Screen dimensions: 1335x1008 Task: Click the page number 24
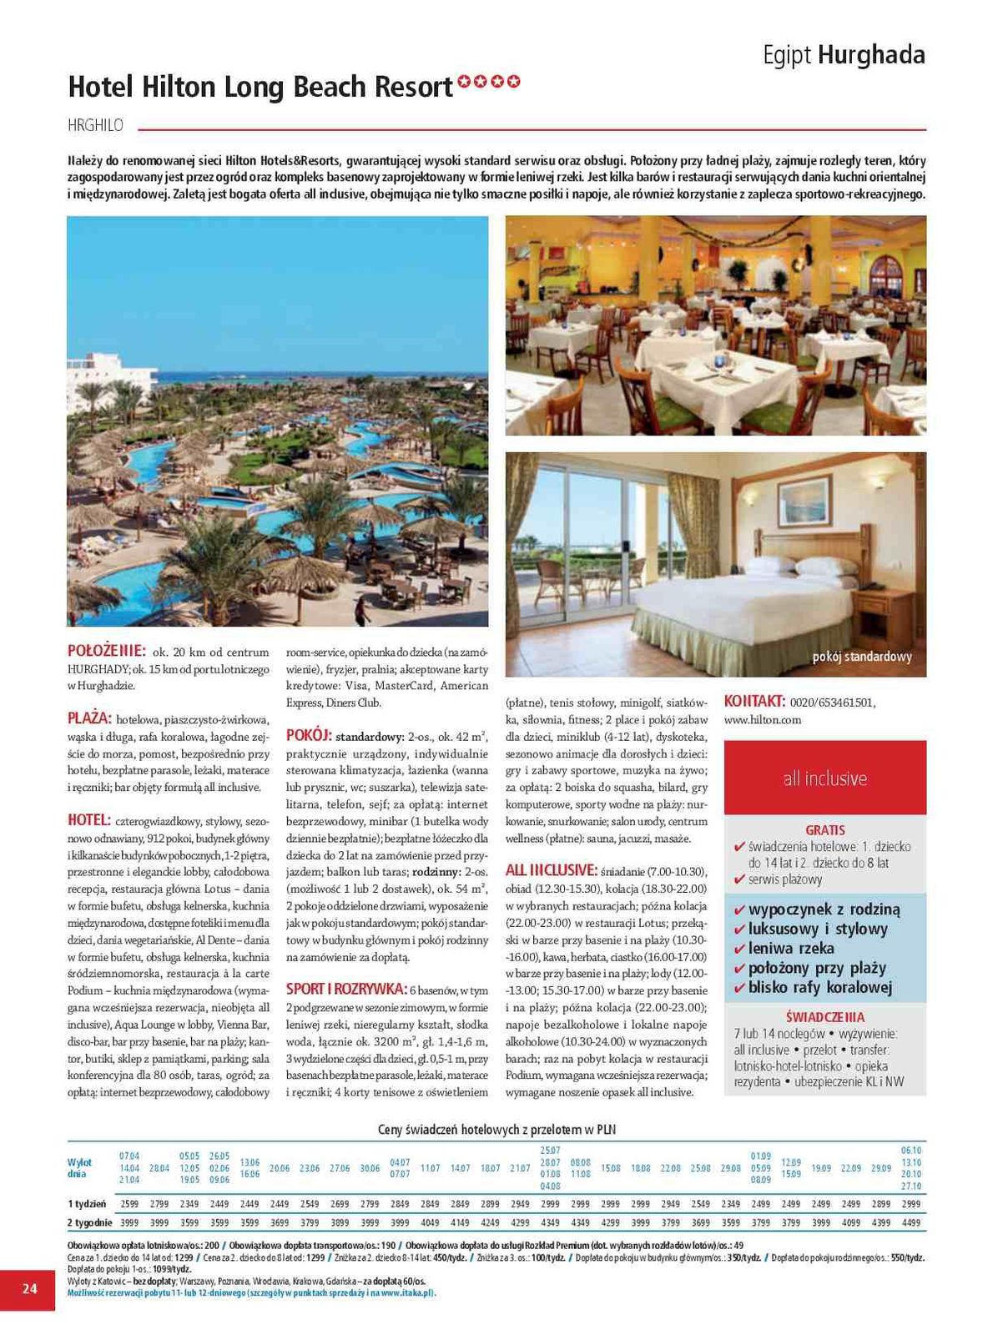click(x=29, y=1288)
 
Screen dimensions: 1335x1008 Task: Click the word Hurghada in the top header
click(x=871, y=55)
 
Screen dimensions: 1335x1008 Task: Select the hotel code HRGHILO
click(x=95, y=125)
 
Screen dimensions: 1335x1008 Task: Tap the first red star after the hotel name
click(x=462, y=81)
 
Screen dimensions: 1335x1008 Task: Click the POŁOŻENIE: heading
click(x=106, y=651)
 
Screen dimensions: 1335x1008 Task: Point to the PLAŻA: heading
click(x=89, y=718)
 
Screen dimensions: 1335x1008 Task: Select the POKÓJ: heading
click(x=309, y=735)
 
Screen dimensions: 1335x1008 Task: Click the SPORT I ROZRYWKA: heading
click(x=346, y=989)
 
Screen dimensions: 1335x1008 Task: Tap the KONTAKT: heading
click(x=754, y=701)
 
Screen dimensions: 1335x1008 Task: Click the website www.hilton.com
click(x=763, y=719)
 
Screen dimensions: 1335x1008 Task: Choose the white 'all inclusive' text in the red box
click(x=824, y=778)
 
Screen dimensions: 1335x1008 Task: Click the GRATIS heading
click(x=824, y=830)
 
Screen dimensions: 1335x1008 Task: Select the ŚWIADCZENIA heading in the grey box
click(x=824, y=1017)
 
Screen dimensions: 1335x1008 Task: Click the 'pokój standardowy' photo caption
click(x=861, y=657)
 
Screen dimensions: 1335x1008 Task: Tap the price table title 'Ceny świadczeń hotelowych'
click(x=496, y=1129)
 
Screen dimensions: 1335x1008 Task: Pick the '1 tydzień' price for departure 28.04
click(x=159, y=1204)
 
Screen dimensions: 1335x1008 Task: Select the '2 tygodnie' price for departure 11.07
click(x=430, y=1222)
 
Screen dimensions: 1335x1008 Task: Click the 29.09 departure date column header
click(x=880, y=1168)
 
